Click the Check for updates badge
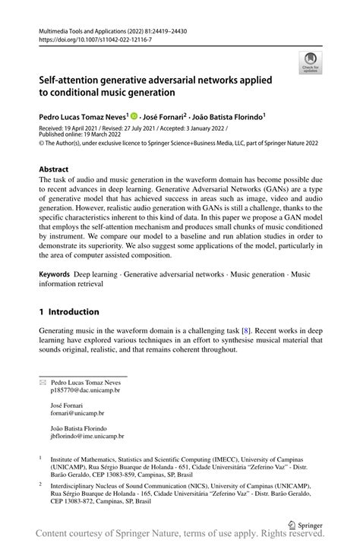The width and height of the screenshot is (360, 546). click(x=310, y=63)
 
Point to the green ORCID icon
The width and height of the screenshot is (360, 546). click(x=134, y=117)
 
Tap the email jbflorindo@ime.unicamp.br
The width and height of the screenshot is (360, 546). click(x=87, y=437)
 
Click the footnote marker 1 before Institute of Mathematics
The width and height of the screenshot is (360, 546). click(x=40, y=459)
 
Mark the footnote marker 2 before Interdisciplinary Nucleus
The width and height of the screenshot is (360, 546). click(x=40, y=482)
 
